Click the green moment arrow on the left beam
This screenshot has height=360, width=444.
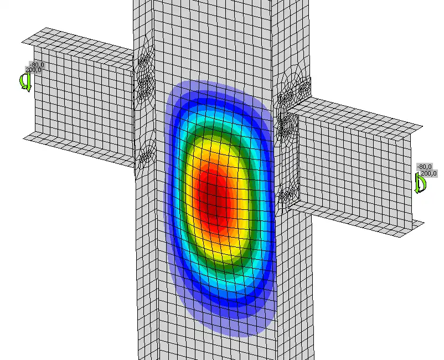(25, 82)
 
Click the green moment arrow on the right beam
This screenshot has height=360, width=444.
(420, 183)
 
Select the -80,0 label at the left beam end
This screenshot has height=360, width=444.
(37, 65)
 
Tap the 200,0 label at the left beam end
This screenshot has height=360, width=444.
(33, 70)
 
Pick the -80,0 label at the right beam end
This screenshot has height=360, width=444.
(424, 167)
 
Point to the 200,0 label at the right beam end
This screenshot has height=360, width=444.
(428, 173)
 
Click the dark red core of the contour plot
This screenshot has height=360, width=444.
(213, 196)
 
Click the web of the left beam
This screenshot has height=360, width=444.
(84, 102)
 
